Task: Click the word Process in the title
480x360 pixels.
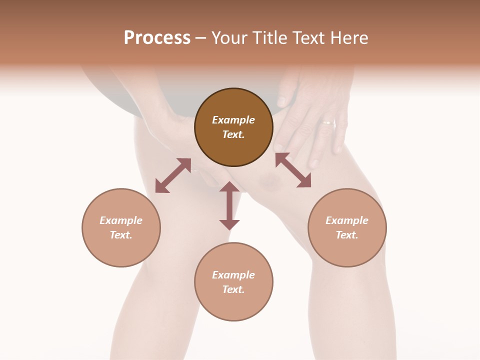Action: coord(157,38)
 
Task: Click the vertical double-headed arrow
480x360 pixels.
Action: coord(229,206)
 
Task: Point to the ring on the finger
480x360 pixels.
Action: coord(328,121)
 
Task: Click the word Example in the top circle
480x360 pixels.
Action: coord(233,120)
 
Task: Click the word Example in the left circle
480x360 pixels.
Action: coord(121,220)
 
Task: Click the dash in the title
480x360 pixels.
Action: coord(200,38)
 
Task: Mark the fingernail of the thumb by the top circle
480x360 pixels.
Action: coord(282,101)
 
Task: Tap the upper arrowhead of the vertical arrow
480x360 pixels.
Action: coord(229,187)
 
